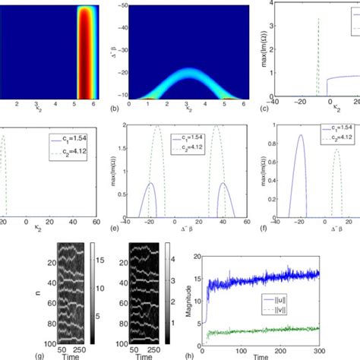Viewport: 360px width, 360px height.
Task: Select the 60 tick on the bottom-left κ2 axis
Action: pyautogui.click(x=96, y=225)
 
